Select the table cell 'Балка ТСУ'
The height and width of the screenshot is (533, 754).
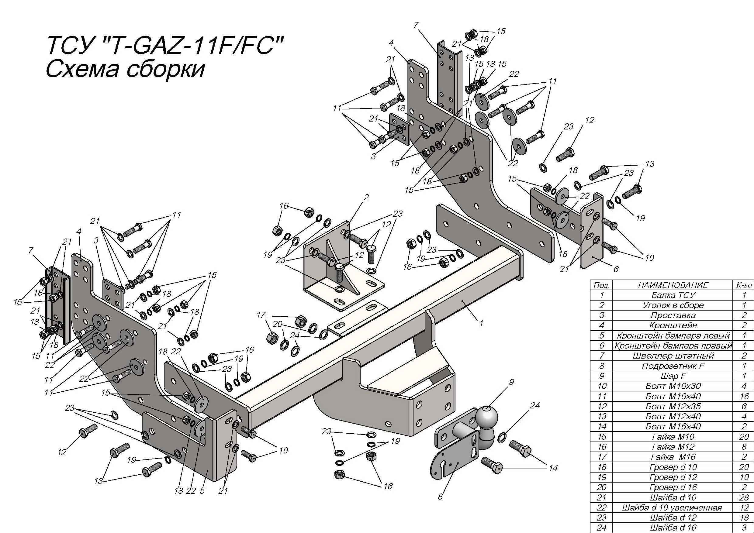(x=673, y=295)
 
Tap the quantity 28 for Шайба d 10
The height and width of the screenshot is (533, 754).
(x=744, y=497)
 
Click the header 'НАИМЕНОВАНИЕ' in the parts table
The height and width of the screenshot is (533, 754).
(x=673, y=285)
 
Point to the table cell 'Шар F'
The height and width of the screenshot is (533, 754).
(x=673, y=376)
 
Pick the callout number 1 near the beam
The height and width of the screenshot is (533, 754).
(x=481, y=323)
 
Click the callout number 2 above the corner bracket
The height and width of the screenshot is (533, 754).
(x=366, y=197)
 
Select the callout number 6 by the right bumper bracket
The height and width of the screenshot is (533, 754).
(x=616, y=269)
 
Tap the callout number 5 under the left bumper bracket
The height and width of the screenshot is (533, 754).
(x=202, y=491)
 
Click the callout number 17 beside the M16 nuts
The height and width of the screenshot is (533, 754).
(x=261, y=315)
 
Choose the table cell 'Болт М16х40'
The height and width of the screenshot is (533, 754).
(x=673, y=426)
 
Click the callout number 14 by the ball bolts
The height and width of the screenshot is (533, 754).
(x=553, y=468)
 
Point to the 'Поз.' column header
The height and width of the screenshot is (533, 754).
(x=601, y=285)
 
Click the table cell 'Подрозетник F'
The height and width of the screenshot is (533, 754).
(x=673, y=366)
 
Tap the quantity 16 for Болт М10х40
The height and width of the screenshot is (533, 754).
(x=744, y=396)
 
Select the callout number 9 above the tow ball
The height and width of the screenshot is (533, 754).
(x=511, y=382)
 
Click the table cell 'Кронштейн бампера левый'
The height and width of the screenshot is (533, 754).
(x=673, y=335)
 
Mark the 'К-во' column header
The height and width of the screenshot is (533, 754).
(x=744, y=285)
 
